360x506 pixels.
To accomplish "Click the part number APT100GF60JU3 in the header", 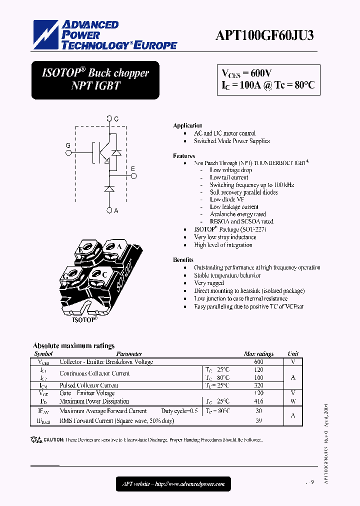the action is tap(264, 36).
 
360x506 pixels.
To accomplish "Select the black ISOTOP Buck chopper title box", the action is tap(95, 79).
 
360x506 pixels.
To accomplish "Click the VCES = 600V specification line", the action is tap(246, 73).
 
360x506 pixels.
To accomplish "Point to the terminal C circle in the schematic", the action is tap(109, 119).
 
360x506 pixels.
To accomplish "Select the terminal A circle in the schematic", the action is tap(109, 210).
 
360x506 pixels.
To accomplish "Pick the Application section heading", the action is tap(187, 125).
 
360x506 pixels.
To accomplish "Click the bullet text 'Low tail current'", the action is tap(229, 177).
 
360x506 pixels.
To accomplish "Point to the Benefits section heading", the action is tap(183, 260).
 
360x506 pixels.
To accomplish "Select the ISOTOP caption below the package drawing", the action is tap(84, 318).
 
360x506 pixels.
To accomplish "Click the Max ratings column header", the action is tap(258, 354).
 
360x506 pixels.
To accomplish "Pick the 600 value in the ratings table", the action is tap(258, 362).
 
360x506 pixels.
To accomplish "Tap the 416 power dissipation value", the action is tap(258, 401).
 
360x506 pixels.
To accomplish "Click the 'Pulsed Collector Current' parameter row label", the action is tap(89, 385).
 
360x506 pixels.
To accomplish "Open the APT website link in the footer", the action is tap(173, 484).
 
